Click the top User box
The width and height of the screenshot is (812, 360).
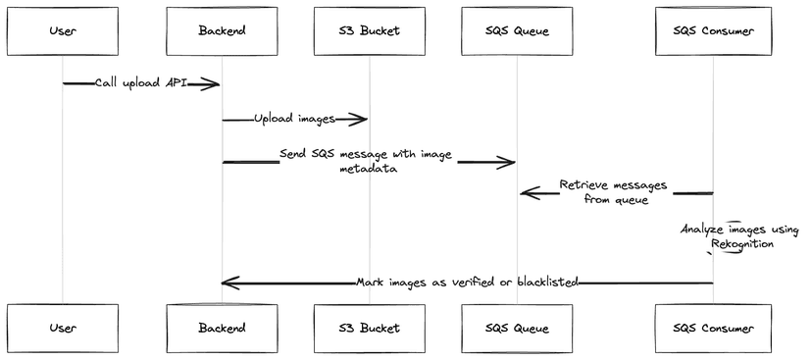(x=63, y=30)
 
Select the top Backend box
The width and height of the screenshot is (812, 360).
(x=222, y=30)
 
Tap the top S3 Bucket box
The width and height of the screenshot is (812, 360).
(x=370, y=30)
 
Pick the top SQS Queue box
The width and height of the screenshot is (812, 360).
(x=517, y=30)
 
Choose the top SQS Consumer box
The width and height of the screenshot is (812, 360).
(x=713, y=30)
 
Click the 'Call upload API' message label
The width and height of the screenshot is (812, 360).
(x=141, y=84)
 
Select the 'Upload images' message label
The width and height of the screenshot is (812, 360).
(x=294, y=119)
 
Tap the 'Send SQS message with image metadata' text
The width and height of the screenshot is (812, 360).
(x=368, y=161)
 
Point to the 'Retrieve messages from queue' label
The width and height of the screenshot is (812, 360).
(x=613, y=192)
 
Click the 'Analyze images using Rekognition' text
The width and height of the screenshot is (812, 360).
(x=740, y=236)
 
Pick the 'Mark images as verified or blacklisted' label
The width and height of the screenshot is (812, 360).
(x=467, y=283)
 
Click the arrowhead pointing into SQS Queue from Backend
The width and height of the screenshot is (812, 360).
(x=508, y=161)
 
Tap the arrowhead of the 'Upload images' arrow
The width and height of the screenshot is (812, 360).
(x=360, y=120)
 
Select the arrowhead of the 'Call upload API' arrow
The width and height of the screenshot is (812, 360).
(x=211, y=84)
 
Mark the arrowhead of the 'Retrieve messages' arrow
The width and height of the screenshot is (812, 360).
(x=527, y=193)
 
